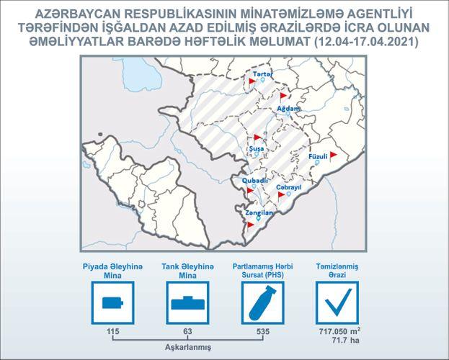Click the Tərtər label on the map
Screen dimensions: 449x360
[x=263, y=74]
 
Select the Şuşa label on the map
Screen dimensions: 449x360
[x=257, y=149]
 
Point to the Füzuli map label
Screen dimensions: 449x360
[x=318, y=156]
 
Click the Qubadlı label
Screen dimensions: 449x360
[x=255, y=181]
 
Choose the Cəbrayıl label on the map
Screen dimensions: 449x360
[x=288, y=187]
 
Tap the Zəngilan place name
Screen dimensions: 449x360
[x=259, y=213]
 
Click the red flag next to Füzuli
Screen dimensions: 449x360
[x=333, y=156]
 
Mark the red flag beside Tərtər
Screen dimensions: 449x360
[x=252, y=82]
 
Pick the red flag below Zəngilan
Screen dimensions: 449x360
[x=251, y=226]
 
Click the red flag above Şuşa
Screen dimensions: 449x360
[x=257, y=138]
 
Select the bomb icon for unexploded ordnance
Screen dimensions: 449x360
[x=262, y=303]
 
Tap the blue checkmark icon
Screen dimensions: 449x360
[x=338, y=302]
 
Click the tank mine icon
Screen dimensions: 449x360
[x=188, y=303]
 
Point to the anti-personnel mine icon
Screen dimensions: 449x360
[x=113, y=303]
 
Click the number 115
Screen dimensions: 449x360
[x=113, y=331]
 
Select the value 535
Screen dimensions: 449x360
[x=263, y=331]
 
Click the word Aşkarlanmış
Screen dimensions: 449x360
[x=188, y=348]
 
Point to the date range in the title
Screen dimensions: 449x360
[x=366, y=42]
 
